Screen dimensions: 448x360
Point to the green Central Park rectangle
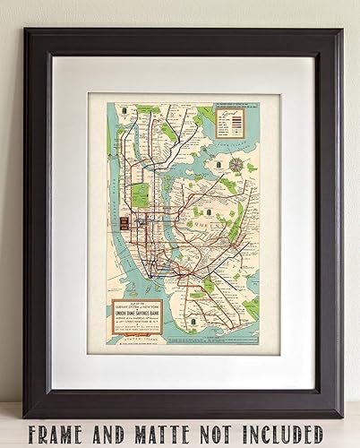pyautogui.click(x=140, y=194)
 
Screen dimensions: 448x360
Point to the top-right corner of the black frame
pyautogui.click(x=340, y=30)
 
